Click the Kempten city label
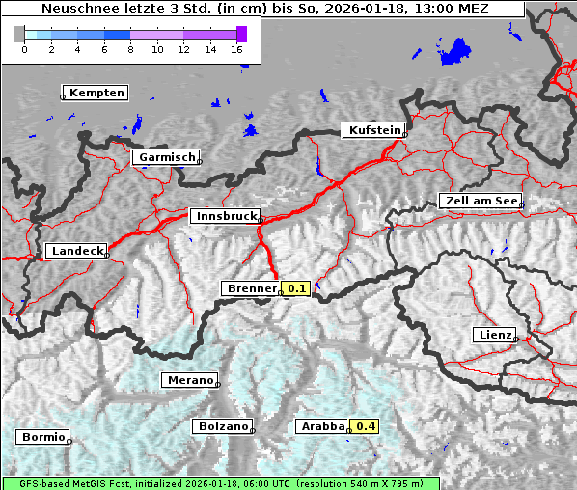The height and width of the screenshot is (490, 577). [x=96, y=93]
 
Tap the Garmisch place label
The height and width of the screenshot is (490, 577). [x=166, y=157]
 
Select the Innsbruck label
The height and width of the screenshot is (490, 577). [x=224, y=217]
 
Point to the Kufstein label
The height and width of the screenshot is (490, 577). [x=372, y=130]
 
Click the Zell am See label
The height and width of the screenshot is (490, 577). [x=481, y=201]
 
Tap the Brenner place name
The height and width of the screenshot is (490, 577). [x=250, y=288]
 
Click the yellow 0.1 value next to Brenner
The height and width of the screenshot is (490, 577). [x=296, y=288]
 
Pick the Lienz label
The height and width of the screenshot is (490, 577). [x=494, y=335]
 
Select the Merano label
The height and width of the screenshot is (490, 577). [x=188, y=380]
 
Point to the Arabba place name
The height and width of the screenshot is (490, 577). [x=320, y=426]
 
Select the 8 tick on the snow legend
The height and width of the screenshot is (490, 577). [x=130, y=48]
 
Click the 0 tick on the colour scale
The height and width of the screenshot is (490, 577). [x=24, y=48]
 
